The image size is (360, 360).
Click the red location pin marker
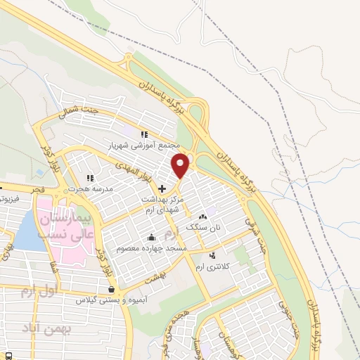[x=181, y=164]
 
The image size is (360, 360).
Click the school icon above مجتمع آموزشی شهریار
[x=143, y=134]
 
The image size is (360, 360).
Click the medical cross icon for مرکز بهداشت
[x=162, y=188]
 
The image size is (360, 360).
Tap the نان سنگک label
[x=203, y=227]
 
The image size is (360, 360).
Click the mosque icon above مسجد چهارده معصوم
[x=152, y=236]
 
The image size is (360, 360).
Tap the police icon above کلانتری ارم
[x=213, y=255]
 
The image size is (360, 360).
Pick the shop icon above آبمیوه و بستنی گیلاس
[x=111, y=288]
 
